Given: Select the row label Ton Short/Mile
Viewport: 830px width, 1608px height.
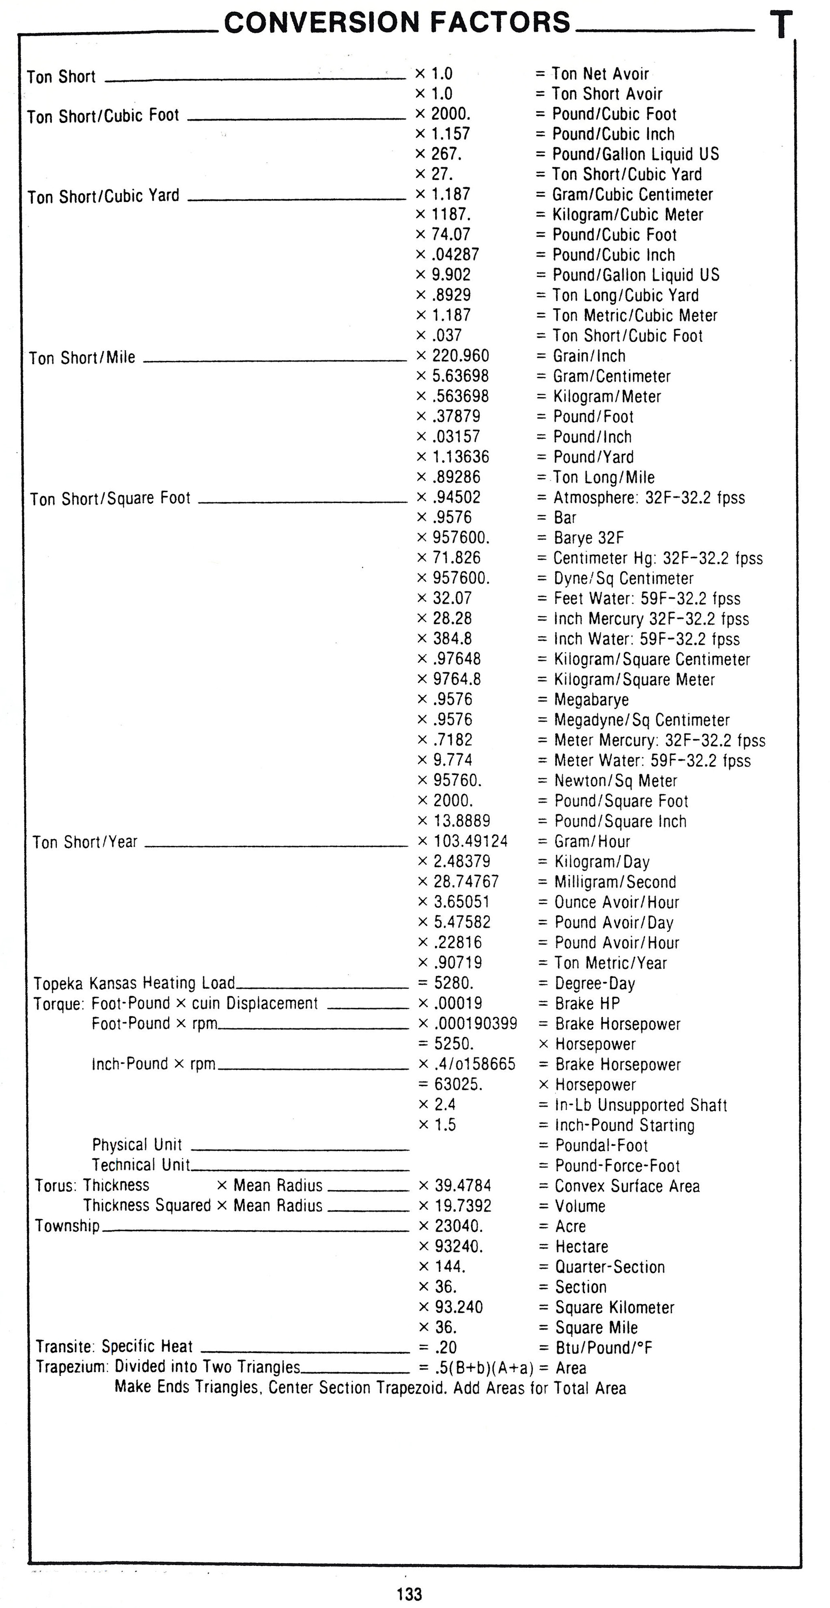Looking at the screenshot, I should click(82, 358).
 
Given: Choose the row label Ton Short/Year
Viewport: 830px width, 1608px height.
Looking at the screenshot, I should click(85, 842).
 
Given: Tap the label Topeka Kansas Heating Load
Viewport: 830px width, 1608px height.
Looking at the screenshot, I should click(134, 983).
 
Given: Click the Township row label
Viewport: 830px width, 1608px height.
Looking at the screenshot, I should click(67, 1226).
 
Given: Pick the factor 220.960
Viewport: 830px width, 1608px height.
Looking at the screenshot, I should click(461, 356).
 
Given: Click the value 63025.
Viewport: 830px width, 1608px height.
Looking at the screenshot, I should click(458, 1084).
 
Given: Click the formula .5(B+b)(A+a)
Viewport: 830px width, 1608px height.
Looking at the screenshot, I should click(484, 1368).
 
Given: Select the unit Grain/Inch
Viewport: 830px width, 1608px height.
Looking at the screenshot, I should click(589, 356).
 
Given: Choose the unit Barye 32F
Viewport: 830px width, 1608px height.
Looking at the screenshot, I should click(589, 537).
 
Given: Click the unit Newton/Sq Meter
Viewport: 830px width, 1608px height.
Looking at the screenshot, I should click(615, 781).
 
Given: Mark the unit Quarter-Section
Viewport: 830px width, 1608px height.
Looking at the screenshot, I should click(610, 1267).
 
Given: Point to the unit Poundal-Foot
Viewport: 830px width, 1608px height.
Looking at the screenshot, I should click(601, 1146).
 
